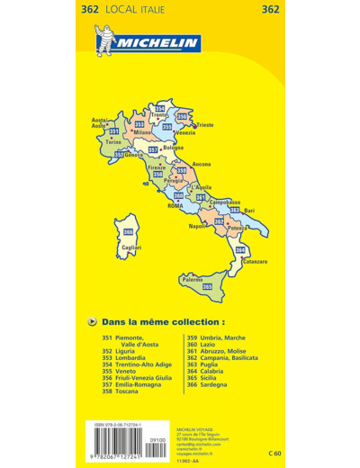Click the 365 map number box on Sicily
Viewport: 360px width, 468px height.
[x=208, y=286]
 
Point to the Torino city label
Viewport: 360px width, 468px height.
[x=112, y=142]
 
